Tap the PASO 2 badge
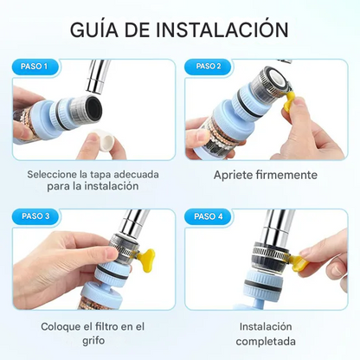click(x=208, y=66)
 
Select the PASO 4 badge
click(x=208, y=215)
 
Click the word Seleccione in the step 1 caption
click(x=55, y=173)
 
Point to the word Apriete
click(x=235, y=175)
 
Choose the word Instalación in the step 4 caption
click(x=266, y=326)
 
